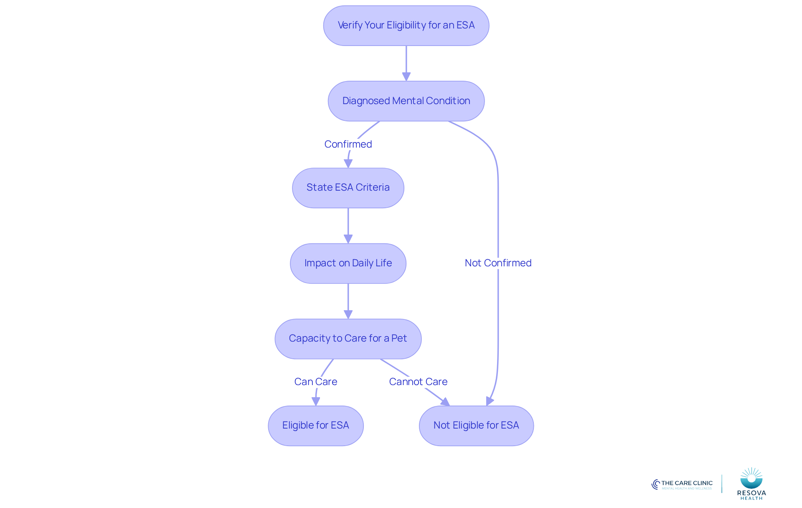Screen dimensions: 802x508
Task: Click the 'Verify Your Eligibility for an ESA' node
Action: [x=406, y=26]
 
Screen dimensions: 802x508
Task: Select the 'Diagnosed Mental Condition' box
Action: [x=406, y=101]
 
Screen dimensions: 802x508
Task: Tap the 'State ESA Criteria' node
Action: [x=348, y=188]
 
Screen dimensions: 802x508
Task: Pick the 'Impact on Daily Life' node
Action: [x=348, y=263]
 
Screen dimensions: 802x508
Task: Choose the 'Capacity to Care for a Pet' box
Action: [x=348, y=339]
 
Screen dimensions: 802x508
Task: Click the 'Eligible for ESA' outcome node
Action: [x=316, y=426]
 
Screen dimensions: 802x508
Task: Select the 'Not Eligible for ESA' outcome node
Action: [x=476, y=426]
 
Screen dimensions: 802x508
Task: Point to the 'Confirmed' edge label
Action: [x=348, y=144]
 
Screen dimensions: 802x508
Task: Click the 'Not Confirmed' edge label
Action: [x=498, y=263]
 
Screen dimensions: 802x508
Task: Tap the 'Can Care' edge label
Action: [x=316, y=382]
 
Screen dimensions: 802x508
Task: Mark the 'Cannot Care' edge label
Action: [x=418, y=382]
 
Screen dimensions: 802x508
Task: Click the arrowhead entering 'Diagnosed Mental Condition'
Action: [x=406, y=77]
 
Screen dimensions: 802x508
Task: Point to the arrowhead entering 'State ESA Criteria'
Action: [x=348, y=163]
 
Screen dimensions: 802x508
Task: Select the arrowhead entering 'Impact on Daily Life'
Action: [x=348, y=239]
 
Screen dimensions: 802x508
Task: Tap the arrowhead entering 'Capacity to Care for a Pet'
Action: [x=348, y=314]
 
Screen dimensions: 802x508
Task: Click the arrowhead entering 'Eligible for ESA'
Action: [x=316, y=401]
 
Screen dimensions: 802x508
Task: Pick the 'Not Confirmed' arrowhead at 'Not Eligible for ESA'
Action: [x=490, y=401]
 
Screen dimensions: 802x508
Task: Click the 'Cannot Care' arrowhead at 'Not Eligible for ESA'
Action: [x=446, y=402]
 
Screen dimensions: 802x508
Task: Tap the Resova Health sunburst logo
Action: [x=751, y=478]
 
